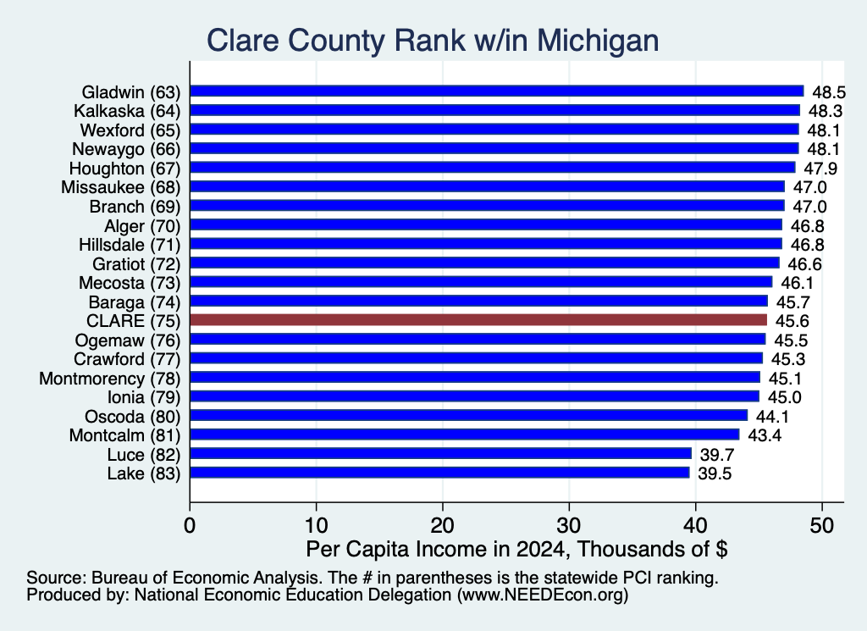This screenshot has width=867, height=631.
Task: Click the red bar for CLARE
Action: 478,320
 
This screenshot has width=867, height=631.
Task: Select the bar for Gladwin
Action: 496,91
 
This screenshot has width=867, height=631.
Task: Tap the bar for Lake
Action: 439,473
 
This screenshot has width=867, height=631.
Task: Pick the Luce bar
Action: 440,453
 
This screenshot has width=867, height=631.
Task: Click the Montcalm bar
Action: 465,435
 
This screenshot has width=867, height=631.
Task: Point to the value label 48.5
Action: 829,91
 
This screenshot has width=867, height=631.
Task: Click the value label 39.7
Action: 716,455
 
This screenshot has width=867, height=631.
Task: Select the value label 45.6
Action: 792,321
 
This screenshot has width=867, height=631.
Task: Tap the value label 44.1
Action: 772,417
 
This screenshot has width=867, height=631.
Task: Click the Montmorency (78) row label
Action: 110,379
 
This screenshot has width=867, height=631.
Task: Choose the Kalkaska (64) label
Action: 127,111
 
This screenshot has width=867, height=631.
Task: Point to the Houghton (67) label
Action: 125,169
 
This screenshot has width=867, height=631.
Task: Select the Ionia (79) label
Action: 144,397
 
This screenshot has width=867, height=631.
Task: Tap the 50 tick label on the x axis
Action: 821,525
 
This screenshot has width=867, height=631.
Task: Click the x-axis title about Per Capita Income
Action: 516,549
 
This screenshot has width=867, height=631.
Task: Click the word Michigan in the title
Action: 598,41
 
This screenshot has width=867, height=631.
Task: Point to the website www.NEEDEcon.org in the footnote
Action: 542,595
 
